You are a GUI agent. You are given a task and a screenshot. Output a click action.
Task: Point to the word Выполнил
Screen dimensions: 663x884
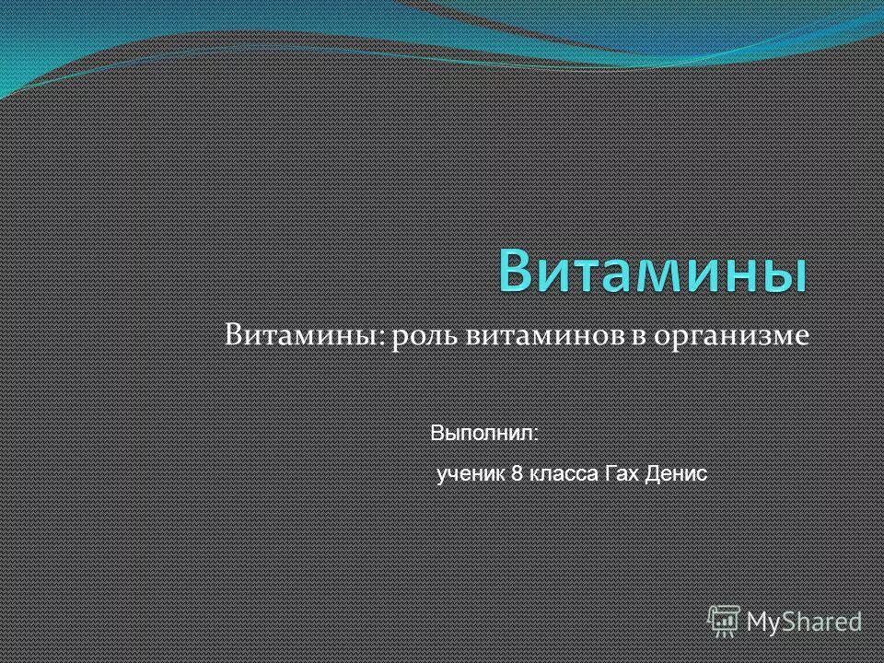pyautogui.click(x=483, y=432)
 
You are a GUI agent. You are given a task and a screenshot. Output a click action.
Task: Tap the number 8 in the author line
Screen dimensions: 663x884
pyautogui.click(x=518, y=473)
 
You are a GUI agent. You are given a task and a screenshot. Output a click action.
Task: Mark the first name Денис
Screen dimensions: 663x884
pyautogui.click(x=677, y=473)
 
